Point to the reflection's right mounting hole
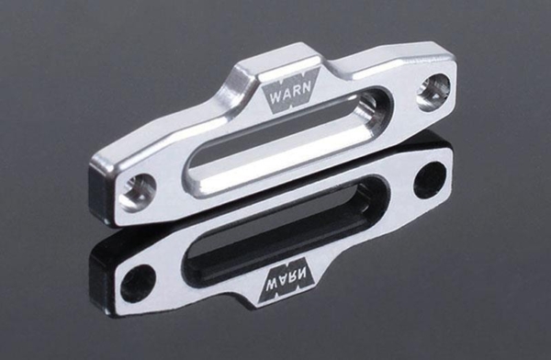[x=427, y=177]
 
